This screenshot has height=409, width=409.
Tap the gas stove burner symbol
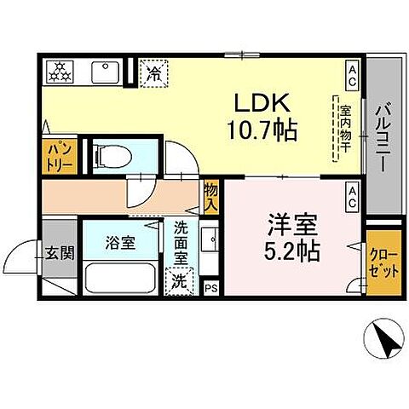click(x=62, y=72)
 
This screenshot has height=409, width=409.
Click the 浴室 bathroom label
click(x=120, y=242)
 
